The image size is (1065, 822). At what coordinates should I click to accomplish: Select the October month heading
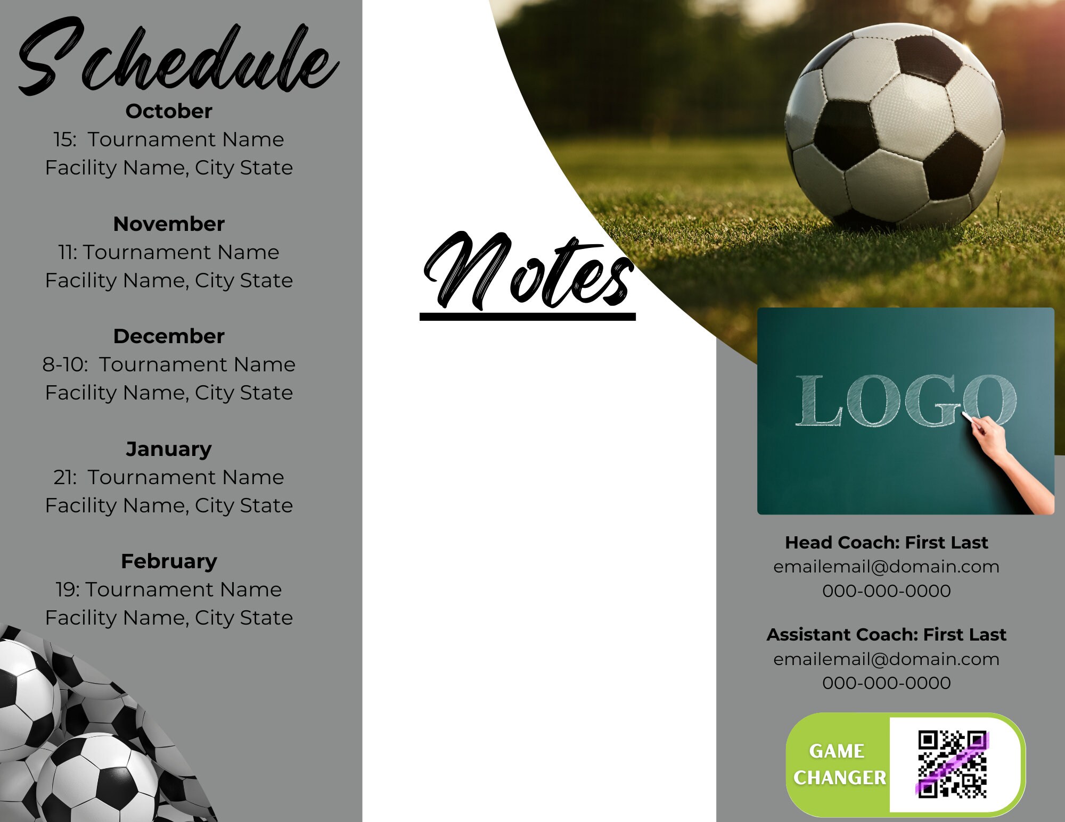point(169,111)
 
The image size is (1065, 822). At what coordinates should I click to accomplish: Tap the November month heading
point(169,224)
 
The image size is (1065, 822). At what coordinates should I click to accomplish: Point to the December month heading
point(169,336)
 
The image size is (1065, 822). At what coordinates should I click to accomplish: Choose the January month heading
point(169,449)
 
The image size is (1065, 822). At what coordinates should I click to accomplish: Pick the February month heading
point(169,561)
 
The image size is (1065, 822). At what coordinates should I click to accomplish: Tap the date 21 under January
point(64,477)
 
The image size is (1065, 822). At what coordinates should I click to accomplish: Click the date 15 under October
point(64,139)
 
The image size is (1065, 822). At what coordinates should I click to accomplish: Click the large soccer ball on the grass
point(895,125)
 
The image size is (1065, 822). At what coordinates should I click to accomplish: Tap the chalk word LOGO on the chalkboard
point(905,402)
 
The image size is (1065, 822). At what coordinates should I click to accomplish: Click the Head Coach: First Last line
point(886,543)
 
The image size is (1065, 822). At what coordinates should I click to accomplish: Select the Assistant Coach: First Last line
point(886,635)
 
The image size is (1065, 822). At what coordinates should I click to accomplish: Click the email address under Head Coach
point(886,567)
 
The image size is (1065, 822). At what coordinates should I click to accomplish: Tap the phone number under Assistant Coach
point(886,683)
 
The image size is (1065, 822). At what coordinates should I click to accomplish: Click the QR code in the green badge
point(952,764)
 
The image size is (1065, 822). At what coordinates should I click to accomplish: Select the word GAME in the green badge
point(837,751)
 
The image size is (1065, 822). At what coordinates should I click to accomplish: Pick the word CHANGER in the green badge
point(839,777)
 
